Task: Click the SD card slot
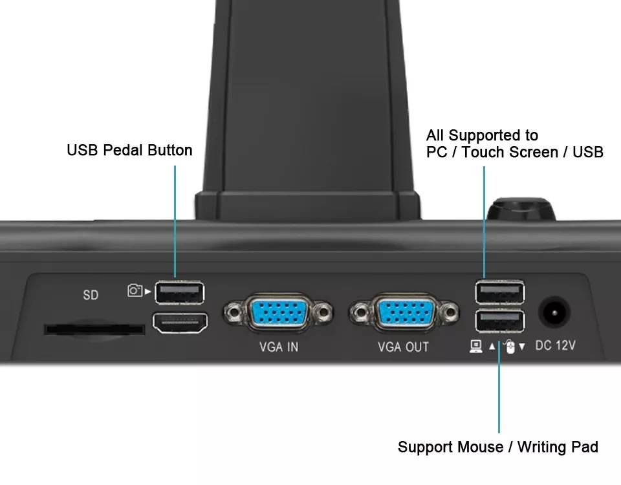tap(94, 329)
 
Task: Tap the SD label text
tap(91, 295)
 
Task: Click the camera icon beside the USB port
tap(135, 290)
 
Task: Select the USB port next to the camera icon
tap(179, 292)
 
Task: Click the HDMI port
tap(180, 323)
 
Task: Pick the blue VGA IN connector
tap(278, 312)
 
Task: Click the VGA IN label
tap(279, 347)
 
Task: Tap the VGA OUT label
tap(403, 347)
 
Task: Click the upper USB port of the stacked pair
tap(500, 292)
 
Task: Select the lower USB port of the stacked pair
tap(500, 321)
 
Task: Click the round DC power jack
tap(554, 313)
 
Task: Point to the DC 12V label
tap(555, 345)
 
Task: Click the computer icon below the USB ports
tap(476, 347)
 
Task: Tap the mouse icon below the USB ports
tap(510, 347)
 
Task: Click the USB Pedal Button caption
tap(129, 151)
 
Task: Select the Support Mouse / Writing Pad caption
tap(498, 447)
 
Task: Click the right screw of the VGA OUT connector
tap(450, 312)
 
